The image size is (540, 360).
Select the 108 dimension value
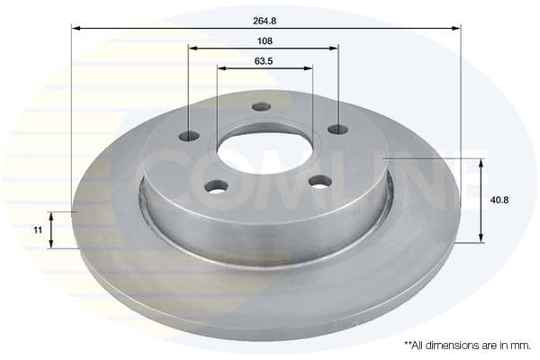point(264,41)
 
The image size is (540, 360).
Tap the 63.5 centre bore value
point(264,62)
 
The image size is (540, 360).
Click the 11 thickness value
point(38,230)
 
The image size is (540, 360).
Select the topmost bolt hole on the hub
point(261,106)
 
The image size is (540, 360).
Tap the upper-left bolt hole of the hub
point(189,136)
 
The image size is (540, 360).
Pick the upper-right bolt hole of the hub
point(337,130)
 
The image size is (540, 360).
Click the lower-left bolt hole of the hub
point(216,186)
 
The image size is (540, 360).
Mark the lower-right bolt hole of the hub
point(319,181)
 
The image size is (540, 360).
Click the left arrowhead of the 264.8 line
point(76,28)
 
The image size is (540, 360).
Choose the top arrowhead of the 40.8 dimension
point(481,163)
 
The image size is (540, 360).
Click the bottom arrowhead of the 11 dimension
point(51,244)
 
